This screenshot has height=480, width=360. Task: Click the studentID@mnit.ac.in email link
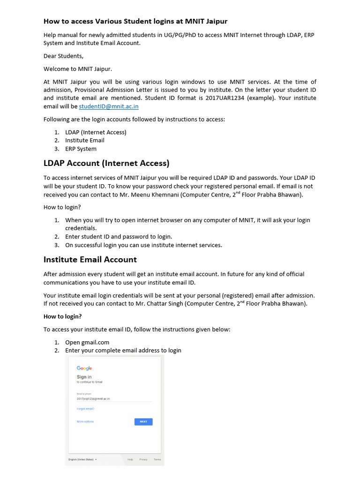pyautogui.click(x=109, y=107)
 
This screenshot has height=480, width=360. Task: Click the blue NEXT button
pyautogui.click(x=143, y=421)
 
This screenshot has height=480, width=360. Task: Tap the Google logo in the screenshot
pyautogui.click(x=84, y=368)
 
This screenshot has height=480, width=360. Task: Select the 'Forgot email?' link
pyautogui.click(x=85, y=409)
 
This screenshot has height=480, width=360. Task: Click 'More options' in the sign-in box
pyautogui.click(x=85, y=421)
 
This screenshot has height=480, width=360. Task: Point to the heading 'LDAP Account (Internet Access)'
pyautogui.click(x=106, y=163)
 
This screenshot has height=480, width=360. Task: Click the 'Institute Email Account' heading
pyautogui.click(x=90, y=260)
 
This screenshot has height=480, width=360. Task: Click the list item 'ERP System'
pyautogui.click(x=81, y=149)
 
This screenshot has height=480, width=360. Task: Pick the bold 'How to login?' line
pyautogui.click(x=63, y=317)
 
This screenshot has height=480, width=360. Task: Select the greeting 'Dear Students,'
pyautogui.click(x=63, y=56)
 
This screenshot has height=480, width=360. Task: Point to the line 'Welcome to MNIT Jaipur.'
pyautogui.click(x=78, y=69)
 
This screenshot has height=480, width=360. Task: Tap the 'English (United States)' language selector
pyautogui.click(x=82, y=459)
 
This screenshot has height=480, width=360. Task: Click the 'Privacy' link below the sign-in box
pyautogui.click(x=143, y=459)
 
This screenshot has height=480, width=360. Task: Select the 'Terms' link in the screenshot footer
pyautogui.click(x=157, y=459)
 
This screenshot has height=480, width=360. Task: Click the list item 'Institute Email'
pyautogui.click(x=85, y=141)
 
